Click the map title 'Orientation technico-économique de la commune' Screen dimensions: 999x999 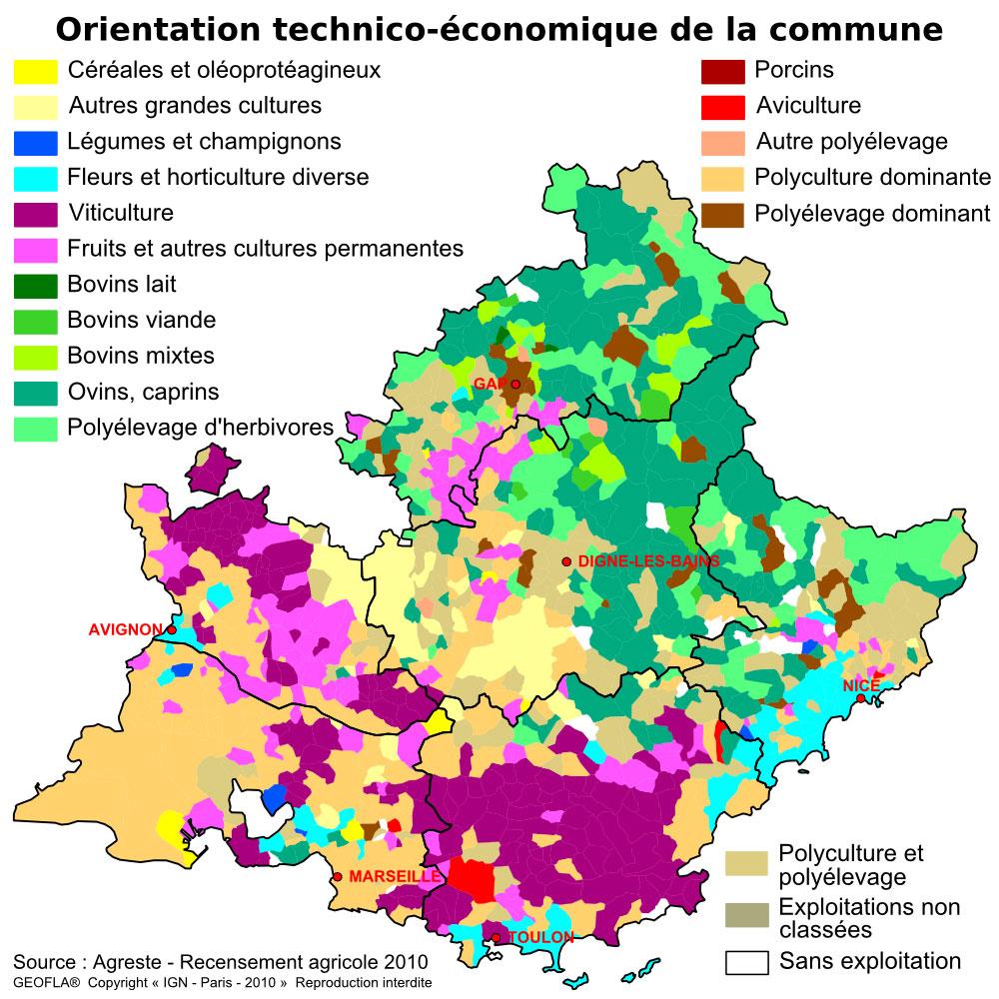499,29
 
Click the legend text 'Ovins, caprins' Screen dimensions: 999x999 143,392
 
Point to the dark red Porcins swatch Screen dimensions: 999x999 722,71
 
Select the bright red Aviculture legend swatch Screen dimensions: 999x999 722,106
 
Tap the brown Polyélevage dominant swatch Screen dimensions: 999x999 722,214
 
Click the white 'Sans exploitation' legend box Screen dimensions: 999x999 746,962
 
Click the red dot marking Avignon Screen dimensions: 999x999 172,630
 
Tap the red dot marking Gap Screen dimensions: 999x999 515,384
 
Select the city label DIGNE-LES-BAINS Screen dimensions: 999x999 648,561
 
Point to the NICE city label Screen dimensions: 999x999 860,685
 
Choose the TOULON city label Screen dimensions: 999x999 541,937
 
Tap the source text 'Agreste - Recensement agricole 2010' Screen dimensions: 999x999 260,962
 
